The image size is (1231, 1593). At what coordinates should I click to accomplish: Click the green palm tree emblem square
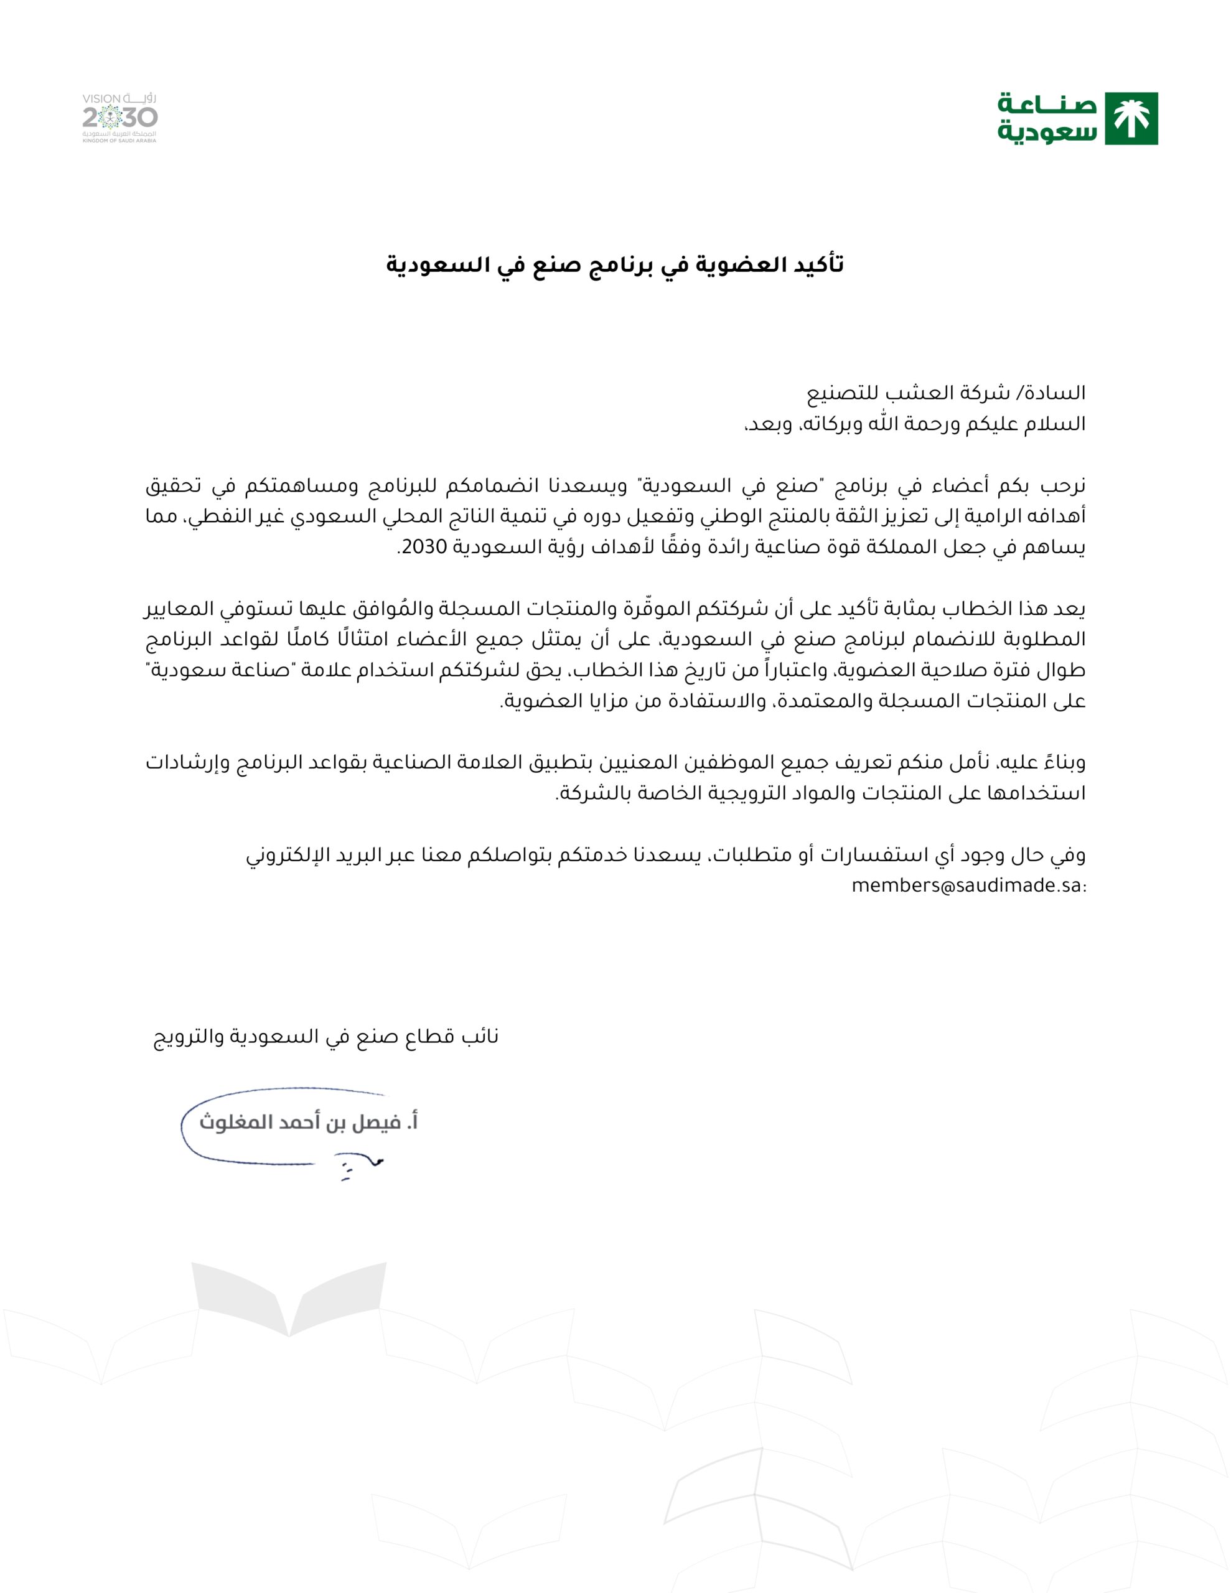point(1131,118)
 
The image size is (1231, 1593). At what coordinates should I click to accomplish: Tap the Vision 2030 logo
point(119,118)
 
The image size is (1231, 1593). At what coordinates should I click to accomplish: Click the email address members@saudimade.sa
point(968,886)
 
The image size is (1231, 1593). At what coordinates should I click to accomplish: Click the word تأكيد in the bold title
point(818,264)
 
